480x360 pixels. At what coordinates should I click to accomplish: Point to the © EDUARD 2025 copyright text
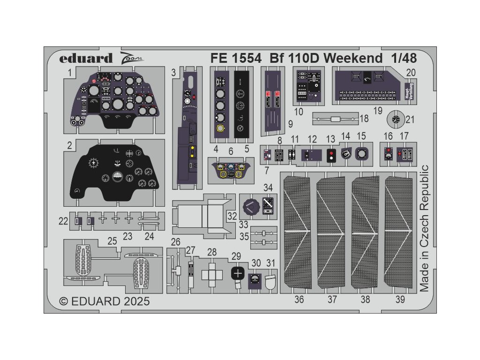pos(105,301)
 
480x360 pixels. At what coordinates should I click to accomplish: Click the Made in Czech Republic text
pos(425,229)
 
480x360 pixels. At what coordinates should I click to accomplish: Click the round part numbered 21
pos(396,120)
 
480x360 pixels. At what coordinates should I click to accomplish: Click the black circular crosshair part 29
pos(238,273)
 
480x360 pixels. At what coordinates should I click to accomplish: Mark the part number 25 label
pos(112,241)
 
